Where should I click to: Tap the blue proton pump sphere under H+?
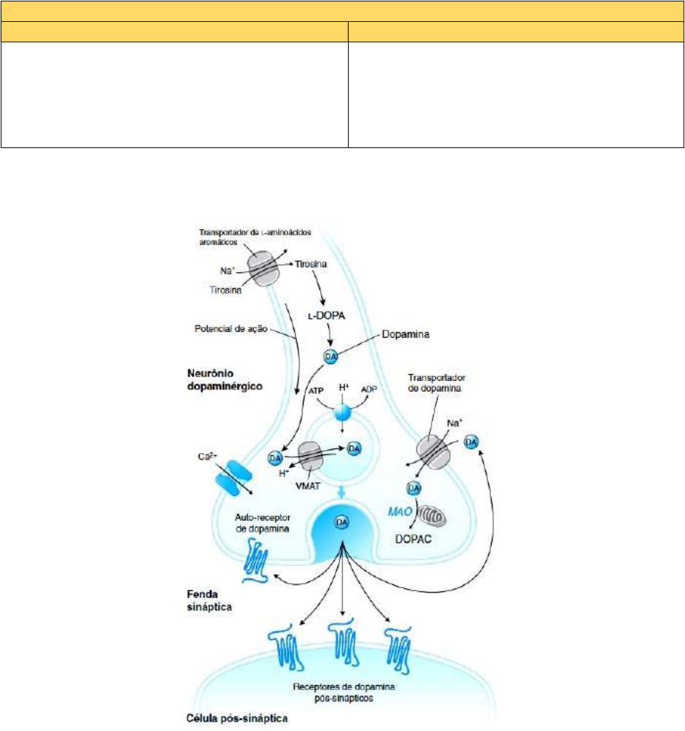[x=342, y=413]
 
